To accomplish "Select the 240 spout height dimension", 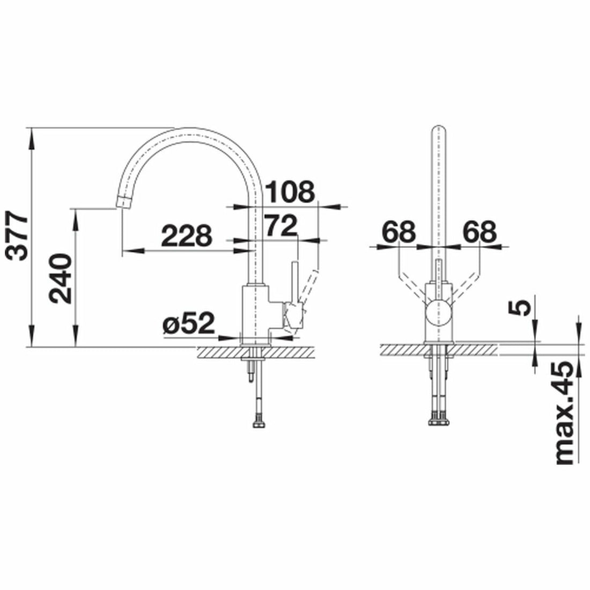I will (x=61, y=279).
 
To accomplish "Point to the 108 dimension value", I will (x=290, y=191).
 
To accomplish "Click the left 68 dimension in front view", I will (x=399, y=232).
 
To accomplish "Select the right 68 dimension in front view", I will (x=480, y=232).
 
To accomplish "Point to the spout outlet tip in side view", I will (x=123, y=203).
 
